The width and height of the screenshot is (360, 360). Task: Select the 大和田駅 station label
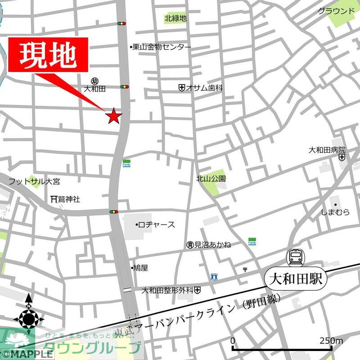click(x=296, y=279)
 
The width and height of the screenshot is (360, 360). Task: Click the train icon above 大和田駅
click(x=296, y=258)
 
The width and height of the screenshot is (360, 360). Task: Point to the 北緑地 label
click(x=175, y=18)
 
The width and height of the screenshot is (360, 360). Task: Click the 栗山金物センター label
click(x=161, y=47)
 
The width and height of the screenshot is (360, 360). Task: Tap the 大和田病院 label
click(x=327, y=150)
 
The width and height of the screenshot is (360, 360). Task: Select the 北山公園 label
click(x=211, y=179)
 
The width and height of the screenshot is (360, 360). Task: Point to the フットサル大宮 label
click(x=34, y=182)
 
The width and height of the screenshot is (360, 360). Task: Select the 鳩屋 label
click(x=140, y=268)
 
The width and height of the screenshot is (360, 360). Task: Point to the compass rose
click(x=28, y=318)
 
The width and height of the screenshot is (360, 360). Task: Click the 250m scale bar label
click(x=332, y=341)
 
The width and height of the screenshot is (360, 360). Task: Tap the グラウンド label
click(x=336, y=11)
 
